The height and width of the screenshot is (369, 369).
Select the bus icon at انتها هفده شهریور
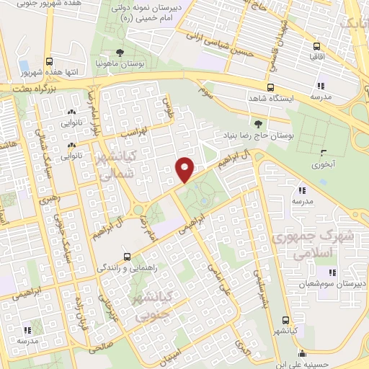pos(49,62)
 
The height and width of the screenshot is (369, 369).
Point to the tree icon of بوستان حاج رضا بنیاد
pos(258,124)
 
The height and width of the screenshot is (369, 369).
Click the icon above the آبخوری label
pos(324,151)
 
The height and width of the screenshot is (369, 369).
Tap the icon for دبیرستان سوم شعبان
pos(332,272)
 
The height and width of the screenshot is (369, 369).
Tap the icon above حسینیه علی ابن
pos(303,354)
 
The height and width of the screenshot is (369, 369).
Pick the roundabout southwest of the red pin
pos(137,210)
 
